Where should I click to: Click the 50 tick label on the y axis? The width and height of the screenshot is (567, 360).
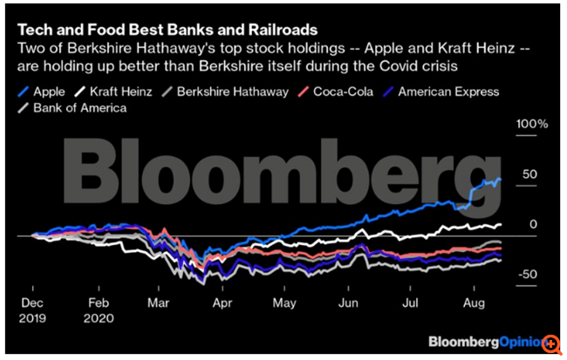[529, 174]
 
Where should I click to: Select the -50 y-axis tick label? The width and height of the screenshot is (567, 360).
[527, 275]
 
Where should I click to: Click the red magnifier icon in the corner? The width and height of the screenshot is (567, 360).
[551, 344]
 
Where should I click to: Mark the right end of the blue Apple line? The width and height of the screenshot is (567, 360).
[501, 180]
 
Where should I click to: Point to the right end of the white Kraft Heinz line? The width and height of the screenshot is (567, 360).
[501, 226]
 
